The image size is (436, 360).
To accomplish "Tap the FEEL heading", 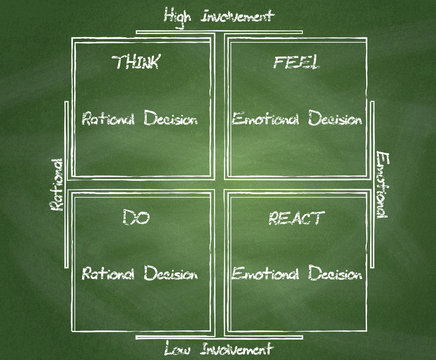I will [x=295, y=64].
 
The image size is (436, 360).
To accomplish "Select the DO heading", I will [x=138, y=218].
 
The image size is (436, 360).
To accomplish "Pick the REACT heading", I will [x=294, y=218].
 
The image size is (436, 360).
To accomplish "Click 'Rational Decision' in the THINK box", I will [x=140, y=118].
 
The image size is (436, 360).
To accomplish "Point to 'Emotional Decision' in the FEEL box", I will [x=296, y=118].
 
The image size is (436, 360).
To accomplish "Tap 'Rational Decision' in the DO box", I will [x=140, y=272].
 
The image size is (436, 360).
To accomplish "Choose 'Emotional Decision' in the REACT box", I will [x=296, y=272].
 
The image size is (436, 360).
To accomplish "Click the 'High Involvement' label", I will [x=217, y=15].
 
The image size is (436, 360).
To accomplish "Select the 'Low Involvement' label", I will [x=217, y=348].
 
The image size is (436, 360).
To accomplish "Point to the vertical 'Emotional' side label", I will [x=381, y=186].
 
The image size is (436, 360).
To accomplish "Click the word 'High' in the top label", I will [x=179, y=15].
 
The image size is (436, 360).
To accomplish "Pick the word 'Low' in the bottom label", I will [x=179, y=348].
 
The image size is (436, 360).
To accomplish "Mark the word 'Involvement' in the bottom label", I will [x=234, y=348].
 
